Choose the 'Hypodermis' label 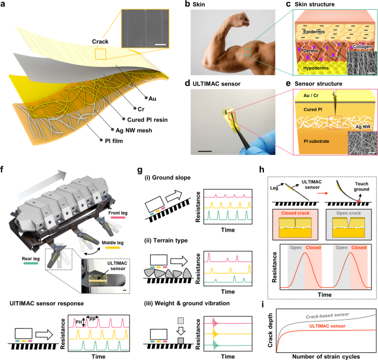click(x=317, y=67)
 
